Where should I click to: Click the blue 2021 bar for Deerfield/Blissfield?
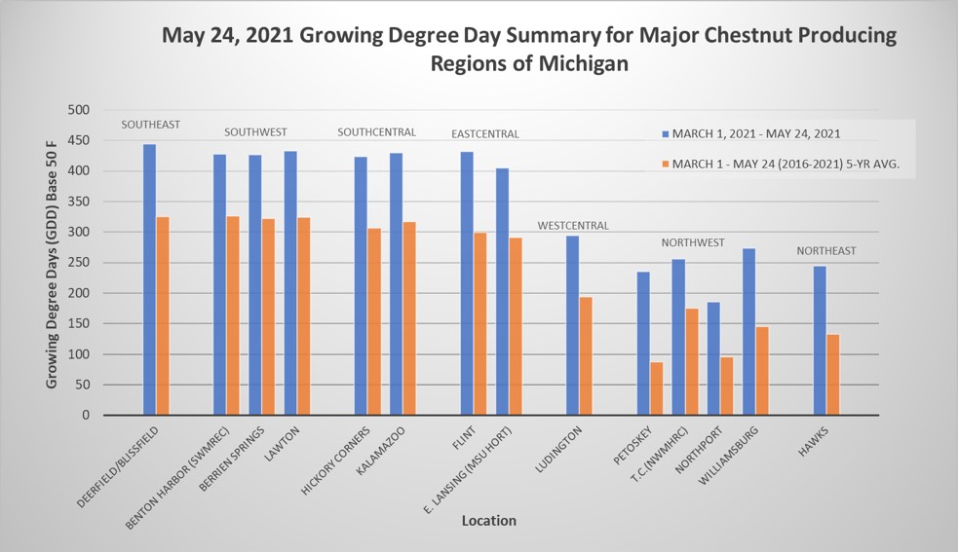(149, 279)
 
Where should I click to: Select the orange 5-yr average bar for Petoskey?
(657, 388)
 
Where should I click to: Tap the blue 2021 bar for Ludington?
(573, 325)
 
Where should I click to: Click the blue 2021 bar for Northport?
(713, 358)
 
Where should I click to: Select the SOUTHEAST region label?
(150, 125)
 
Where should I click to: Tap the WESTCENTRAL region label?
(573, 226)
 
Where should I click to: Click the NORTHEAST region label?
(825, 250)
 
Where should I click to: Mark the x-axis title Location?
(488, 521)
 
